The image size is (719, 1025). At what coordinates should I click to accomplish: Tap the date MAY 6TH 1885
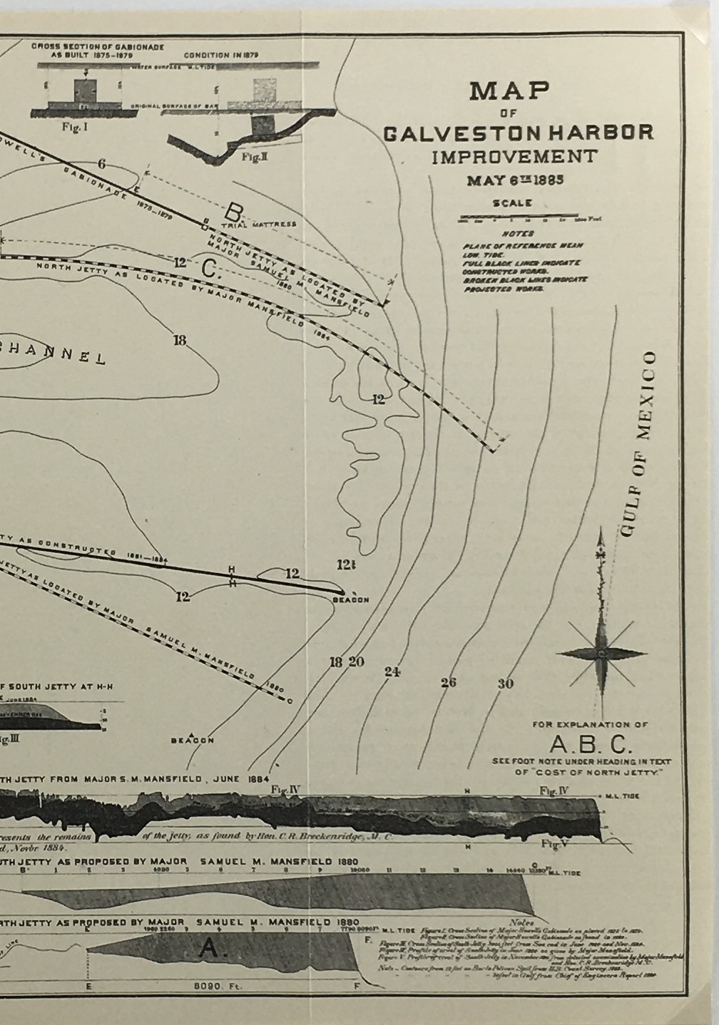[x=515, y=179]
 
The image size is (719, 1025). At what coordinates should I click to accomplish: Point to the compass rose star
[x=601, y=651]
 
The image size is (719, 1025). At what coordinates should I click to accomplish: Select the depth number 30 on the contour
[x=505, y=684]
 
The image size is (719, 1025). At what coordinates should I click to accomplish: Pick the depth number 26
[x=448, y=682]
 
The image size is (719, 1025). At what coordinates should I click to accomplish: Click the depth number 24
[x=392, y=671]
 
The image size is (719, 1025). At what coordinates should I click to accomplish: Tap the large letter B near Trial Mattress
[x=234, y=212]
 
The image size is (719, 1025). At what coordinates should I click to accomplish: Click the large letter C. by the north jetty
[x=210, y=269]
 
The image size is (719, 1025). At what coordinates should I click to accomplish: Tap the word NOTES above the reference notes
[x=518, y=234]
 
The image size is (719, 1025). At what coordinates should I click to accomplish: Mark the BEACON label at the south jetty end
[x=351, y=600]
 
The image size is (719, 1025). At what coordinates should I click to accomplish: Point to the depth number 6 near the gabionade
[x=102, y=164]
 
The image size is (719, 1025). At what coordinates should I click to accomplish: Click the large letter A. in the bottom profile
[x=210, y=947]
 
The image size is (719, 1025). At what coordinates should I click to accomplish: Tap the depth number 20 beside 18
[x=356, y=662]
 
